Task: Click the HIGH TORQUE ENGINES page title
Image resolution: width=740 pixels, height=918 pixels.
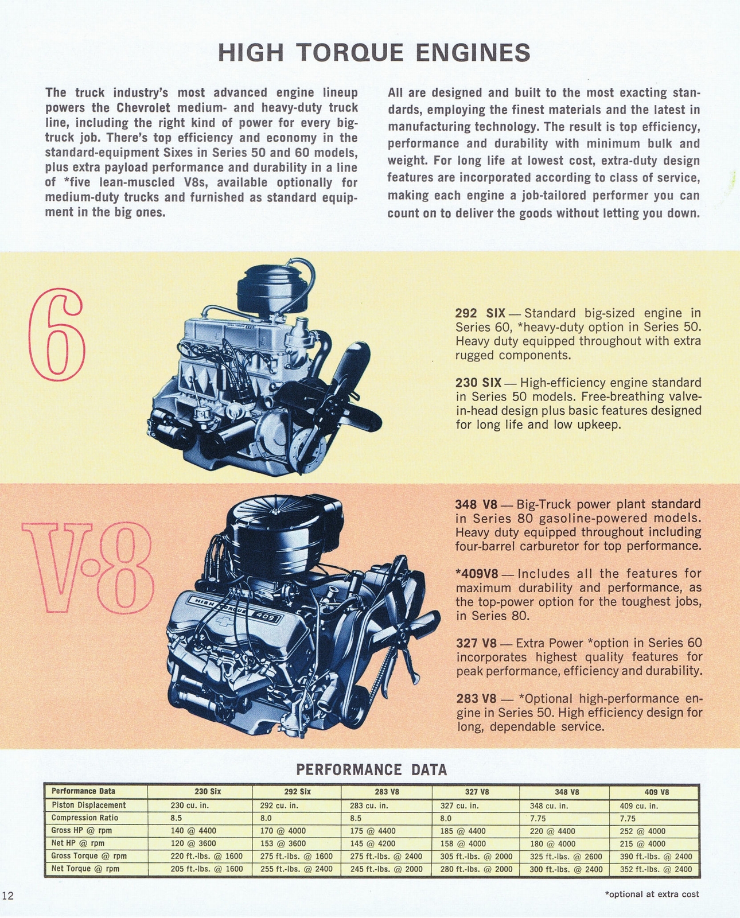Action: pos(375,53)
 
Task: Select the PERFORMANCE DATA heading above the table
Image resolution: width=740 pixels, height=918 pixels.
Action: pos(371,769)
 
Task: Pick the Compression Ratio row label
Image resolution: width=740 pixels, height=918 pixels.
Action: pos(85,818)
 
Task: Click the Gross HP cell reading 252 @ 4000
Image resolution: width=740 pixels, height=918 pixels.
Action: pos(643,831)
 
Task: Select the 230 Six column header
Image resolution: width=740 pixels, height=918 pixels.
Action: pos(208,792)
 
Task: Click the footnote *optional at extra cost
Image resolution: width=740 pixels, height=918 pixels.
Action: pos(652,894)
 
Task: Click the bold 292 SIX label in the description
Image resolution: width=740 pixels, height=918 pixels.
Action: pos(480,313)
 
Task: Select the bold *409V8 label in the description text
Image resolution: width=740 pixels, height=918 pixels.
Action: pos(484,574)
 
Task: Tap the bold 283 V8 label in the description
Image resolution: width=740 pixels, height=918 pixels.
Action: pos(476,699)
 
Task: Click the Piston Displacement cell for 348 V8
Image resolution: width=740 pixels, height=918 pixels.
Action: pos(548,805)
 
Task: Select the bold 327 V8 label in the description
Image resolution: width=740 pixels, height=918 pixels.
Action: pos(476,643)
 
